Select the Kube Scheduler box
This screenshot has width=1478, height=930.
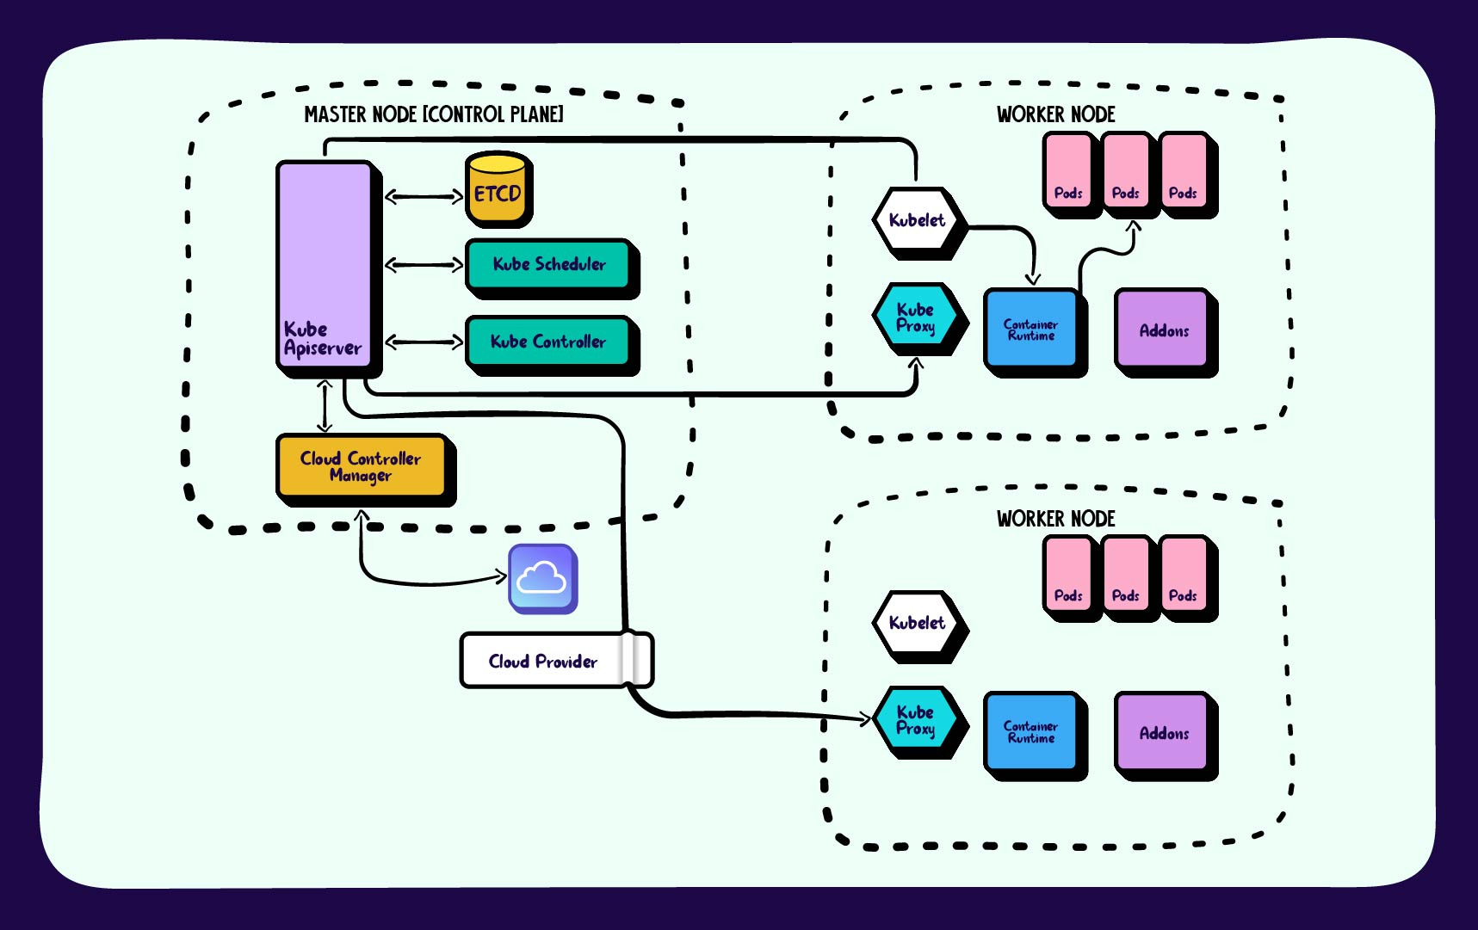tap(548, 264)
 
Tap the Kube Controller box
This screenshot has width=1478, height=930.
tap(547, 342)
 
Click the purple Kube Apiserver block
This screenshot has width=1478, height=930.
tap(324, 262)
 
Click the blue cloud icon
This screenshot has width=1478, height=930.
tap(541, 578)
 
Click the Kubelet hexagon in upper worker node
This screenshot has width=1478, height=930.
tap(916, 220)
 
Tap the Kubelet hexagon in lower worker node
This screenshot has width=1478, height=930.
tap(916, 623)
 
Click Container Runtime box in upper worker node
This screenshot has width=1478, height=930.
tap(1030, 330)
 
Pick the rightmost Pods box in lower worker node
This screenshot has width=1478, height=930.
tap(1183, 575)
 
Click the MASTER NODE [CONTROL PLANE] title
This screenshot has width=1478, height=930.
tap(434, 114)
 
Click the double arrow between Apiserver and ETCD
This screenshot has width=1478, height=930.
tap(423, 197)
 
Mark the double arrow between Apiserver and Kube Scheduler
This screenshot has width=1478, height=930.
tap(423, 265)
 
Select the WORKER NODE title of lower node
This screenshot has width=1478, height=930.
tap(1055, 519)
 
